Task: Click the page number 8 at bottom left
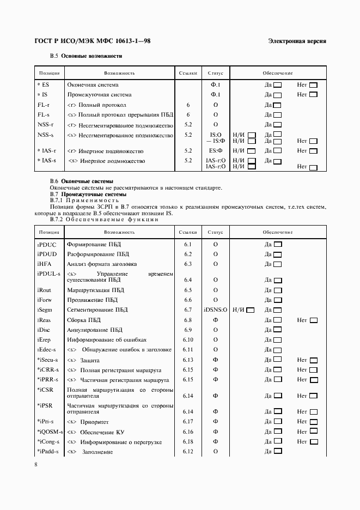[x=36, y=464]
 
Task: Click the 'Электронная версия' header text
[x=297, y=42]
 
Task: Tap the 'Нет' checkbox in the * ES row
[x=313, y=86]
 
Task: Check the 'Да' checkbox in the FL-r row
[x=277, y=105]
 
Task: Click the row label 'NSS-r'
[x=45, y=125]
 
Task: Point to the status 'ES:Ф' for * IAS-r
[x=216, y=150]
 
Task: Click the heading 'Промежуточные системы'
[x=94, y=194]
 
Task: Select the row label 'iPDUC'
[x=47, y=245]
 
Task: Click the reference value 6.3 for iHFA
[x=188, y=264]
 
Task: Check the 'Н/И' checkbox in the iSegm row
[x=251, y=310]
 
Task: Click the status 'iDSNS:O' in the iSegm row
[x=216, y=310]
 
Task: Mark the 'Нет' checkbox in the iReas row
[x=313, y=320]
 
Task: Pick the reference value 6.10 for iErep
[x=188, y=340]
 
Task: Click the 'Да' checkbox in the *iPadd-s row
[x=277, y=452]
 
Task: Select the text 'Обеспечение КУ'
[x=102, y=432]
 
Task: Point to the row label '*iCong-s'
[x=49, y=441]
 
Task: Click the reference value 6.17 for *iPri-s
[x=188, y=422]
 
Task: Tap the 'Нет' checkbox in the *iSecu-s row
[x=313, y=360]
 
